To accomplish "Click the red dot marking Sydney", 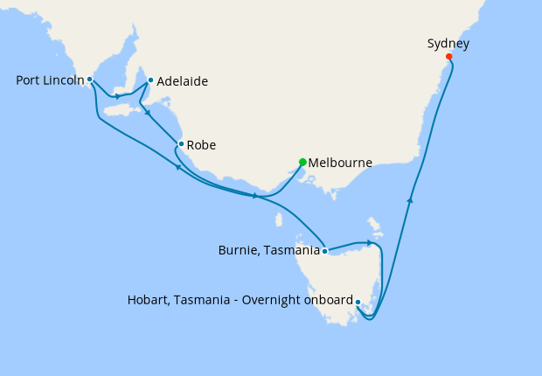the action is [x=449, y=57].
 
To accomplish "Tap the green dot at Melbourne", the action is [x=302, y=162].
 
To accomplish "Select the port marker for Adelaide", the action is [x=150, y=80].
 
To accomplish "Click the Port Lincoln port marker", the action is [x=90, y=80].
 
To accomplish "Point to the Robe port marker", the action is [x=181, y=144].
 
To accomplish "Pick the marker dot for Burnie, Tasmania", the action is [x=324, y=251].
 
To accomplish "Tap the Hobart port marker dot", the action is [x=358, y=302].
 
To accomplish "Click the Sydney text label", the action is [x=448, y=43].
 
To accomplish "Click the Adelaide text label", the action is [x=182, y=81].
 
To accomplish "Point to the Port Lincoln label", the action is [x=50, y=80].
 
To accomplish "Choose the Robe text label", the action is [x=201, y=145].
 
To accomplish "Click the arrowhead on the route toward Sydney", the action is [x=409, y=200].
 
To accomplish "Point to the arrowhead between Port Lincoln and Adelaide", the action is [x=117, y=95].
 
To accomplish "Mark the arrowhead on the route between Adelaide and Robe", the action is [x=149, y=113].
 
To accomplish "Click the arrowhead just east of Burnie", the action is [x=370, y=242].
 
